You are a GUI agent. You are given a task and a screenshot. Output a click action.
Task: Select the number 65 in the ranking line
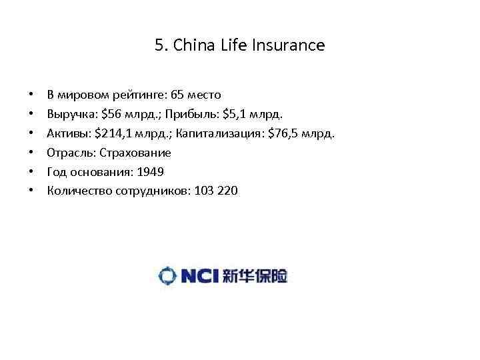click(177, 95)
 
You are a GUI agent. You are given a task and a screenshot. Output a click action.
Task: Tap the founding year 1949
click(150, 172)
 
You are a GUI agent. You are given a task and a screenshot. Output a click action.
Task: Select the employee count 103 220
click(216, 191)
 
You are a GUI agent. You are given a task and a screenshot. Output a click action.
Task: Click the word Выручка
click(69, 114)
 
